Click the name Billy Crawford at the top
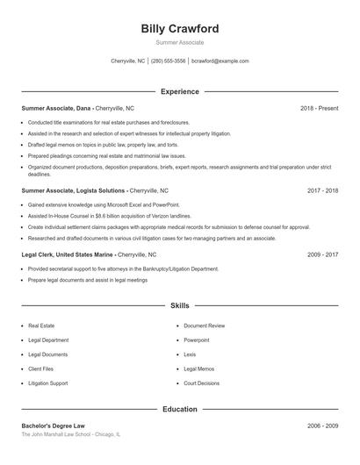180,29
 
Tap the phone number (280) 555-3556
169,61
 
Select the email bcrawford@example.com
220,61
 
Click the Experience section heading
180,91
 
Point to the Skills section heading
180,306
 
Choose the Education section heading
180,409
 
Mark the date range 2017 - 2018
322,190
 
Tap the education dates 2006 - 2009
322,425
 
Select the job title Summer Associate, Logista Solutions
74,190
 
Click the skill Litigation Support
47,383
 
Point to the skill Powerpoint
197,340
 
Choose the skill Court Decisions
201,383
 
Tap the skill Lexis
191,354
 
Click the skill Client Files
41,368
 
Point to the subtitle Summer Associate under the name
180,42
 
